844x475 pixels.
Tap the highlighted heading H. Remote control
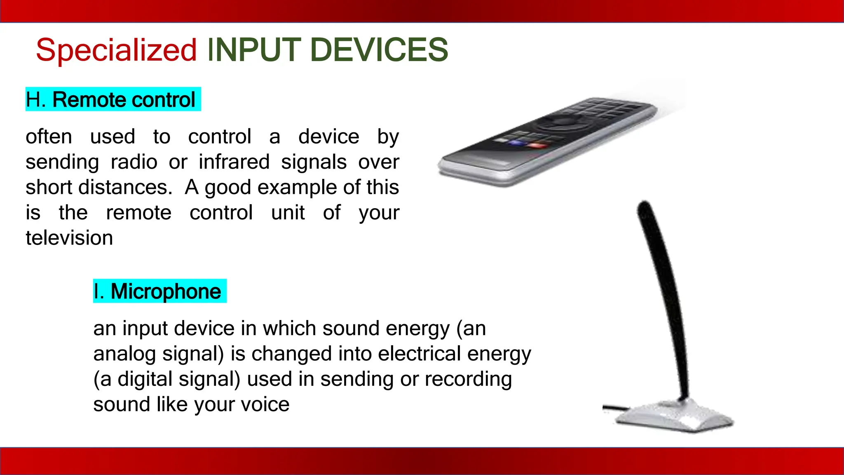(x=113, y=99)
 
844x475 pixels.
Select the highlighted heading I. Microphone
(x=159, y=291)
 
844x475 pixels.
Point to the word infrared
(x=234, y=162)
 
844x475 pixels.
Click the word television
(x=69, y=238)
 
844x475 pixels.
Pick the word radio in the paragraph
(x=134, y=162)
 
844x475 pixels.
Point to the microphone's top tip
(x=644, y=206)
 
